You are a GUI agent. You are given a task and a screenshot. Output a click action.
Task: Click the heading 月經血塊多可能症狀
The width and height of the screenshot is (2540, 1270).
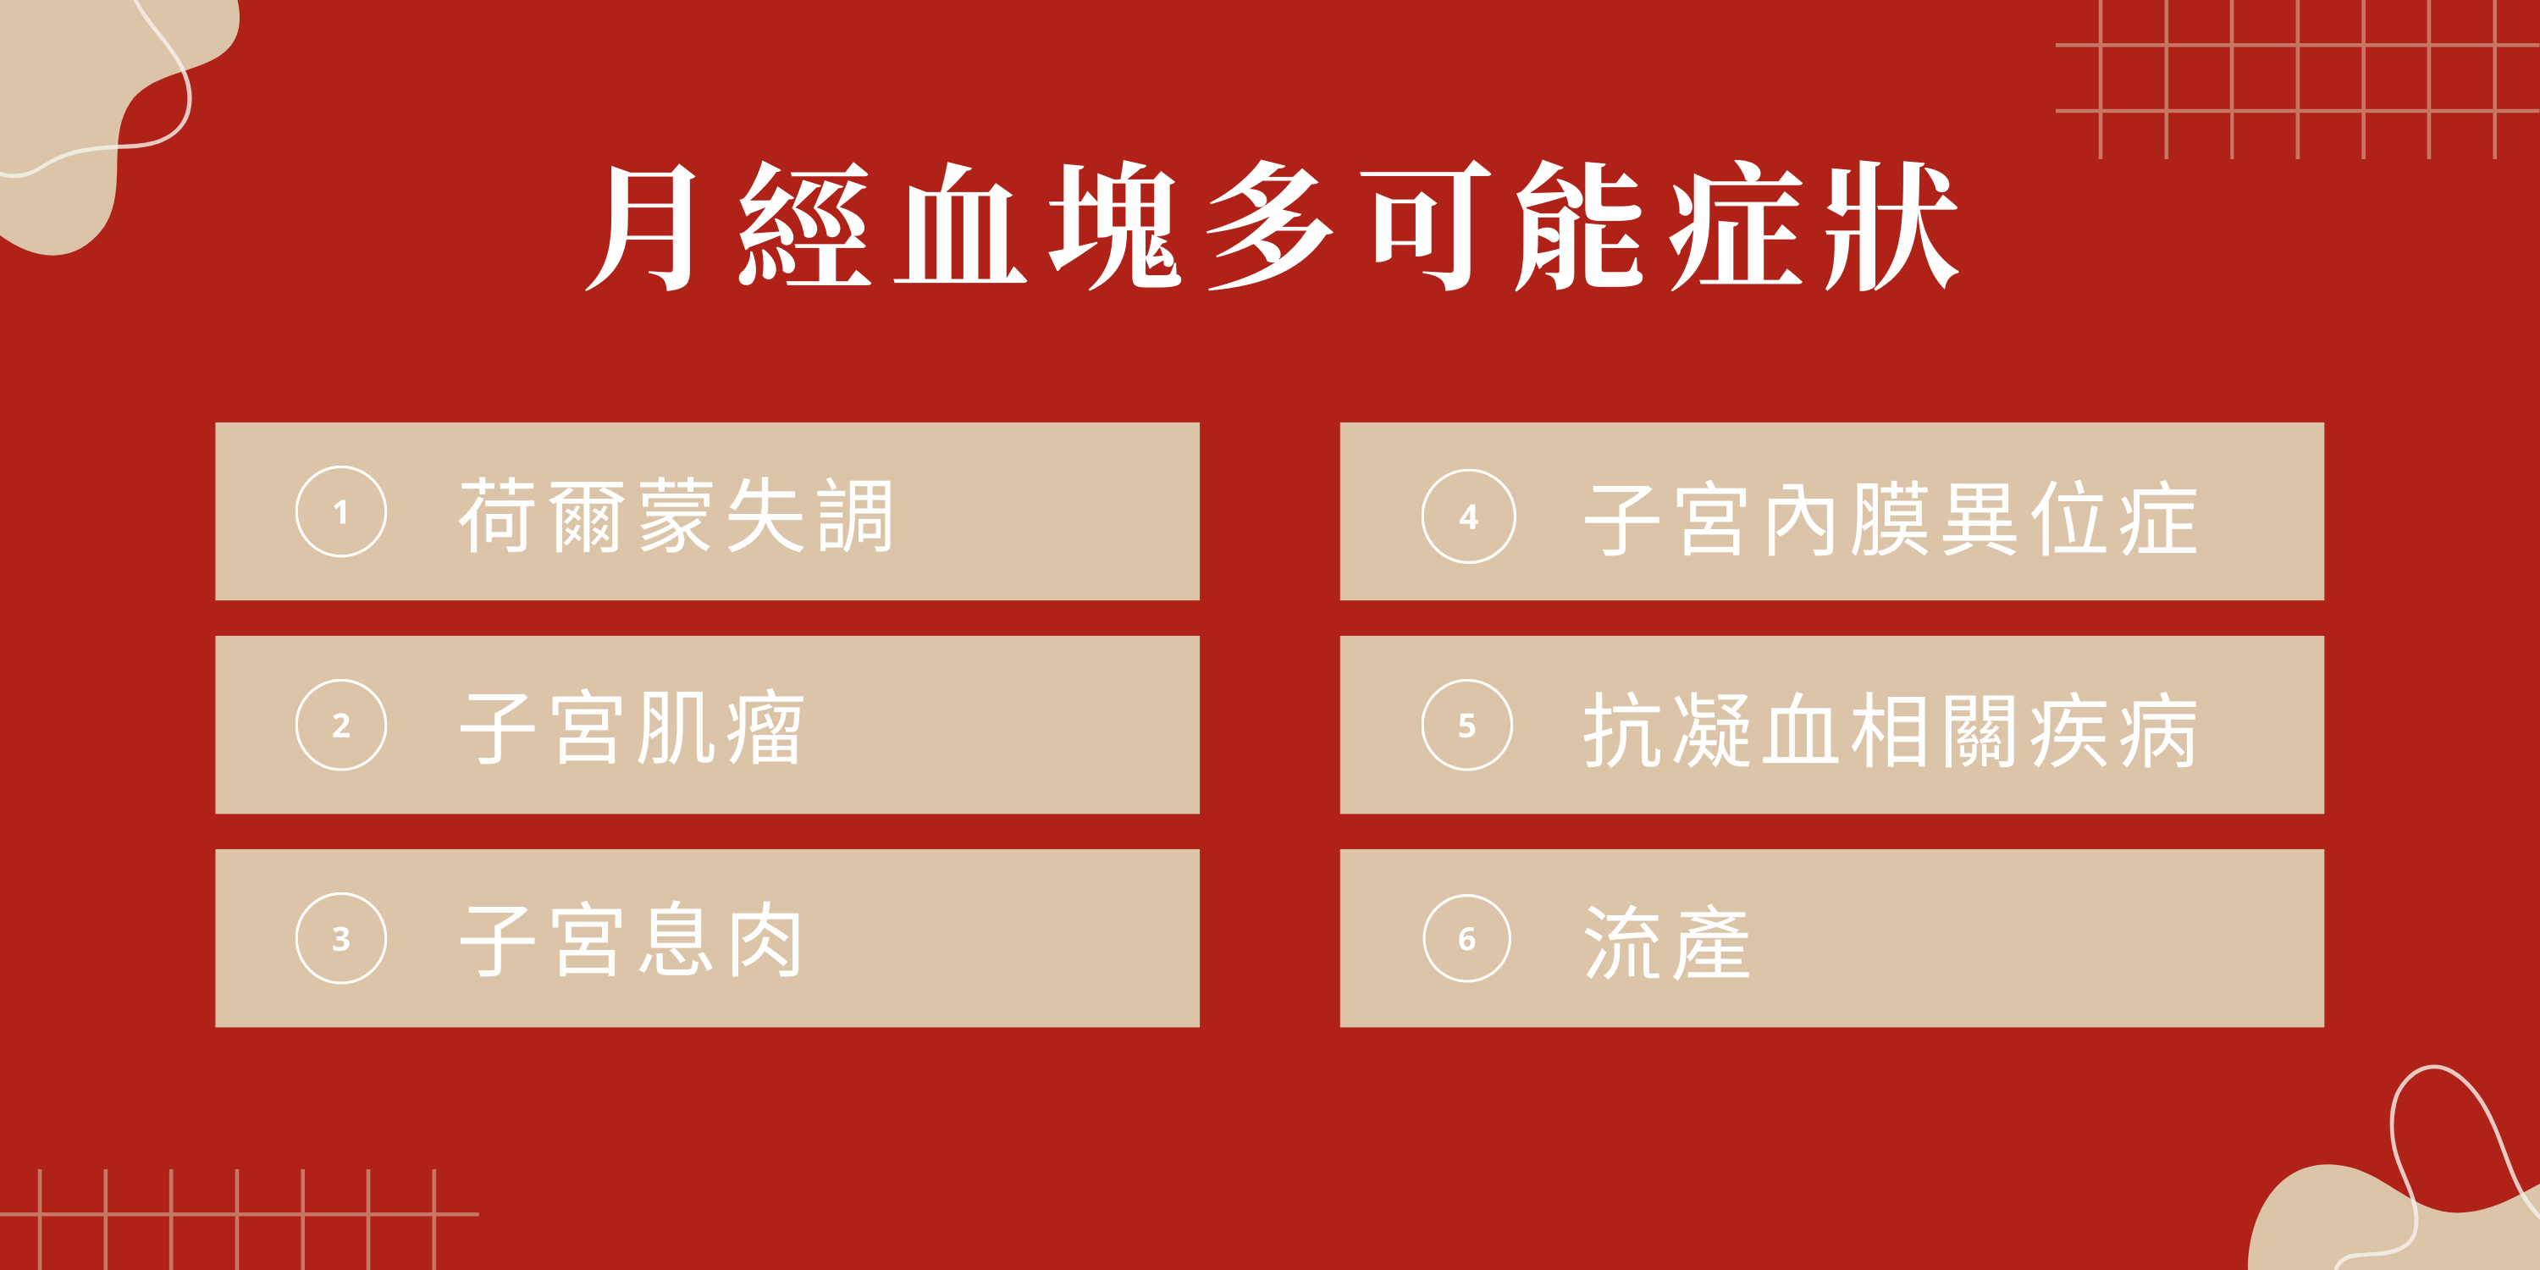pyautogui.click(x=1272, y=227)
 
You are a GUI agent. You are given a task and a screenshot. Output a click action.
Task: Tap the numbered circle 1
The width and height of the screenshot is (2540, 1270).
pyautogui.click(x=341, y=511)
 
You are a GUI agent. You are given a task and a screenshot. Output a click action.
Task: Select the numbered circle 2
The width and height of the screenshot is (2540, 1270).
pyautogui.click(x=341, y=726)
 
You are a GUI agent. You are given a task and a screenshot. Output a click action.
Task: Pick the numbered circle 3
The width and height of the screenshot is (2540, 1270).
pyautogui.click(x=341, y=939)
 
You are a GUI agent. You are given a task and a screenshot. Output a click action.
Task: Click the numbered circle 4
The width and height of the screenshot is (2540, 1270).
pyautogui.click(x=1468, y=516)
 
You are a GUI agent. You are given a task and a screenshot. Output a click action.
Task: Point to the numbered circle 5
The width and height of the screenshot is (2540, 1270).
pyautogui.click(x=1467, y=726)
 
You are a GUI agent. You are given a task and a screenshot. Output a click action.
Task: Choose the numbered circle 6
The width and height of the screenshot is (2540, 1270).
pyautogui.click(x=1467, y=939)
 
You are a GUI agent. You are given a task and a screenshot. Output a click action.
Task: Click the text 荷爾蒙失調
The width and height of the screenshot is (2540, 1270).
pyautogui.click(x=676, y=516)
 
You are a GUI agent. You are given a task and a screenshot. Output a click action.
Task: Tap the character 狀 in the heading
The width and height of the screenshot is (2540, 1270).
pyautogui.click(x=1891, y=227)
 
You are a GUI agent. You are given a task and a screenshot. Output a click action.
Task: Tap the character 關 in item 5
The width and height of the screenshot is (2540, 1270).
pyautogui.click(x=1979, y=731)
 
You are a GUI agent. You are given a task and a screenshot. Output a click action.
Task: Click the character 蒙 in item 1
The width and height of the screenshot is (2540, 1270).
pyautogui.click(x=676, y=516)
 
